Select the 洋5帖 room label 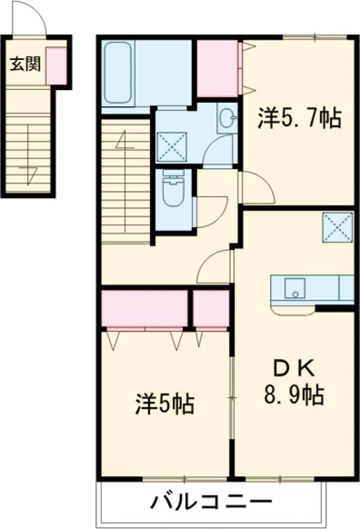[x=164, y=404]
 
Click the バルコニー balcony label [x=211, y=500]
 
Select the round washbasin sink [x=227, y=118]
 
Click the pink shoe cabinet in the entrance [x=56, y=65]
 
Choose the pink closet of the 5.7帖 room [x=218, y=68]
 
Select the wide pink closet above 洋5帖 [x=145, y=309]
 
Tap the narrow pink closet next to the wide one [x=211, y=309]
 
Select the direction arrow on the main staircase [x=125, y=144]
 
